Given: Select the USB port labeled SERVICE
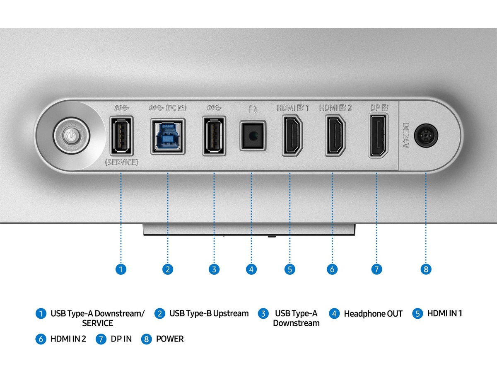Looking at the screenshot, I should tap(121, 136).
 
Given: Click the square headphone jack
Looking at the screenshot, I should tap(252, 136).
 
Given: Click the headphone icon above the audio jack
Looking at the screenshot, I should tap(252, 109).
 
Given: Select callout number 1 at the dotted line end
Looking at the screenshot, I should tap(121, 269).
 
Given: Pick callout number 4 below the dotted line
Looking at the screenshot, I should tap(251, 269).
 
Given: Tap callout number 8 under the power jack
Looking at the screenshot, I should tap(426, 269).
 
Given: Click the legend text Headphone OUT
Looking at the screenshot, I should tap(373, 314).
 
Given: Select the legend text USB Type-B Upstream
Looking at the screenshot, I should tap(209, 313).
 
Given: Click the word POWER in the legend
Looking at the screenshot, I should tap(169, 339).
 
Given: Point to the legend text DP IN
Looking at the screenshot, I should tap(121, 339).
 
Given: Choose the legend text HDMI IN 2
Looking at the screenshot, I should tap(68, 339).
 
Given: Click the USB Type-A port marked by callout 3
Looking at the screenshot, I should tap(213, 136).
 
